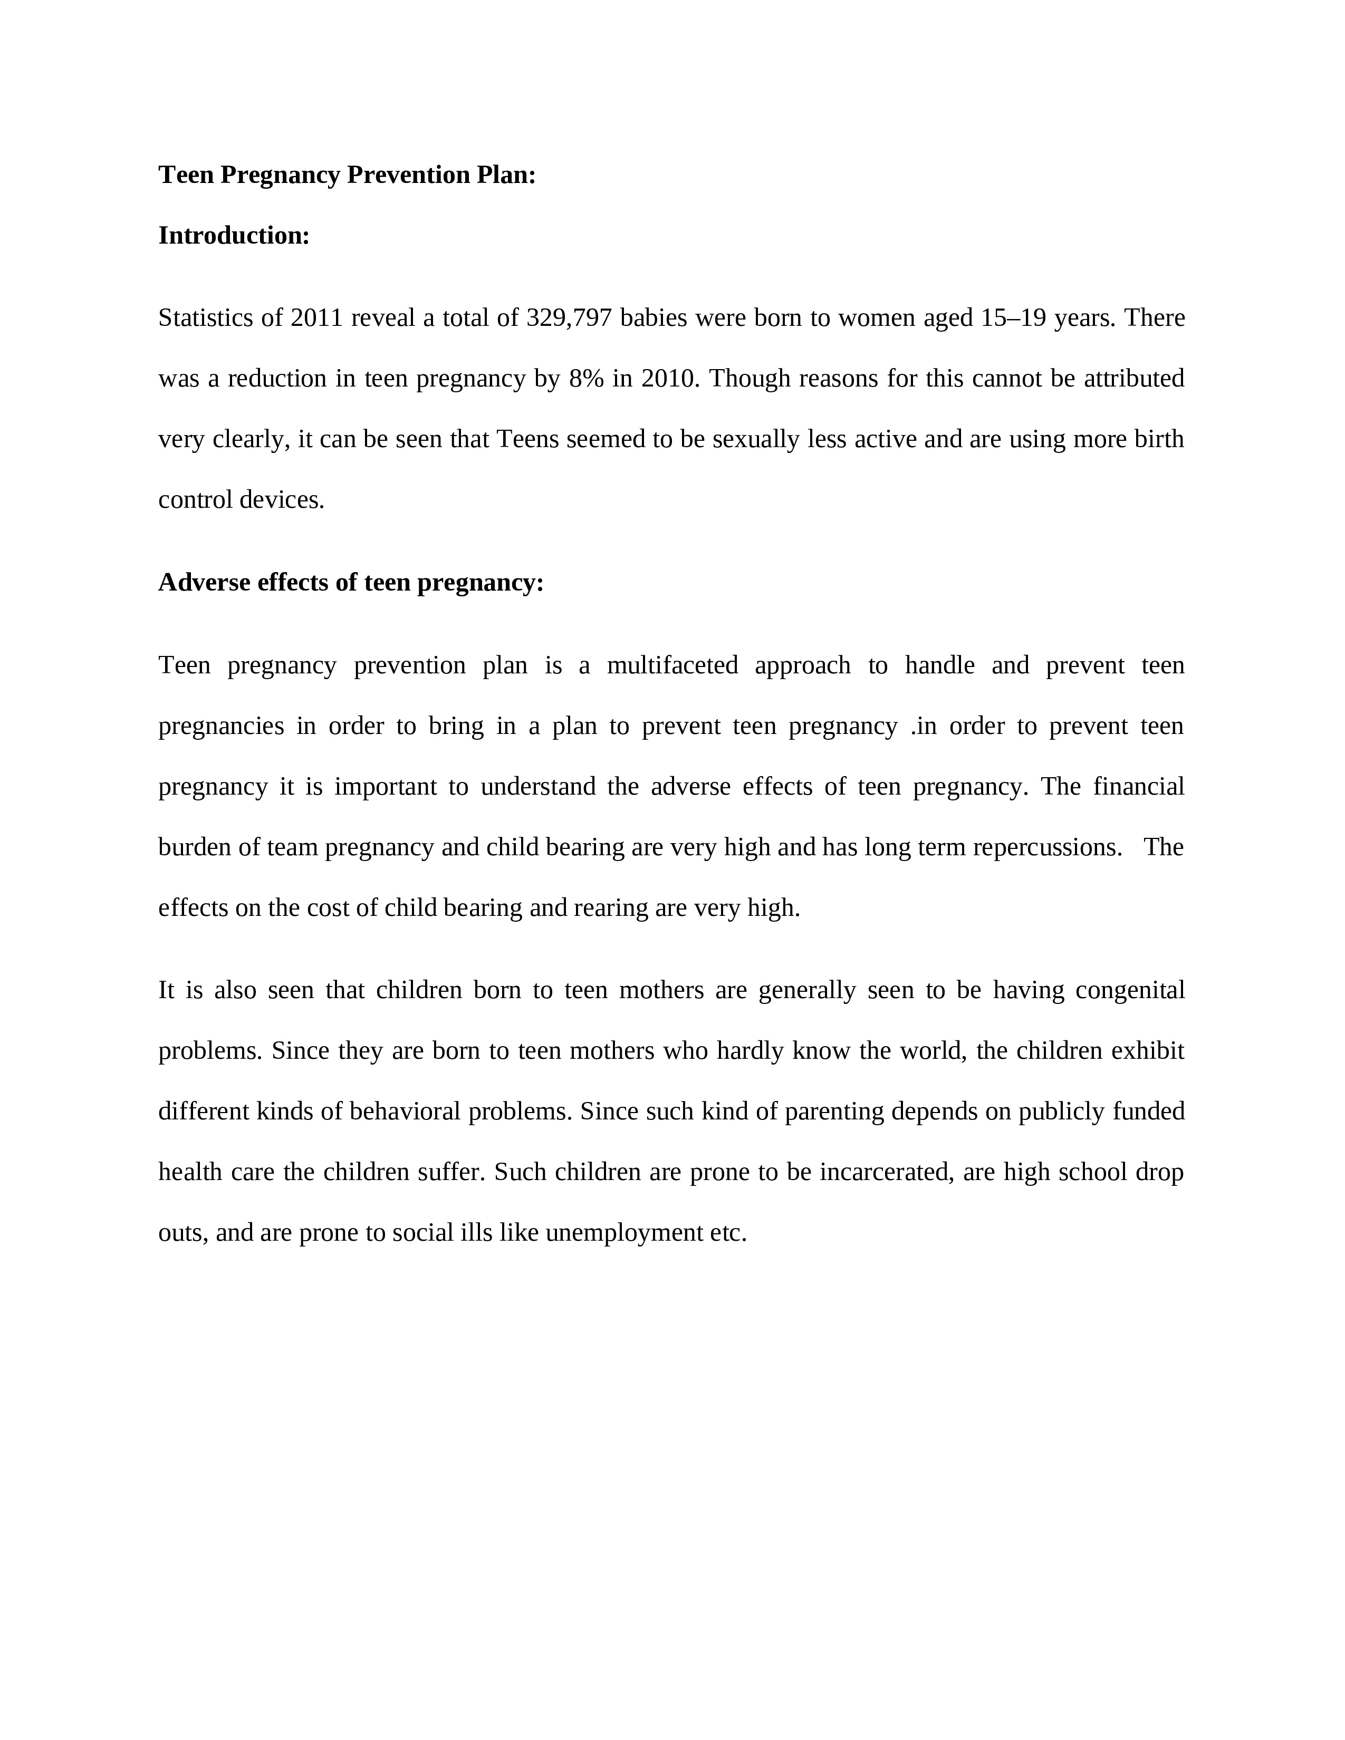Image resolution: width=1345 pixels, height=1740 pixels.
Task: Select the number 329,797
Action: pos(569,318)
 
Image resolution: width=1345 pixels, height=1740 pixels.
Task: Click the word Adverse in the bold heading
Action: pos(205,583)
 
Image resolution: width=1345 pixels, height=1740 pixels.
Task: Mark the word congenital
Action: pos(1130,990)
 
